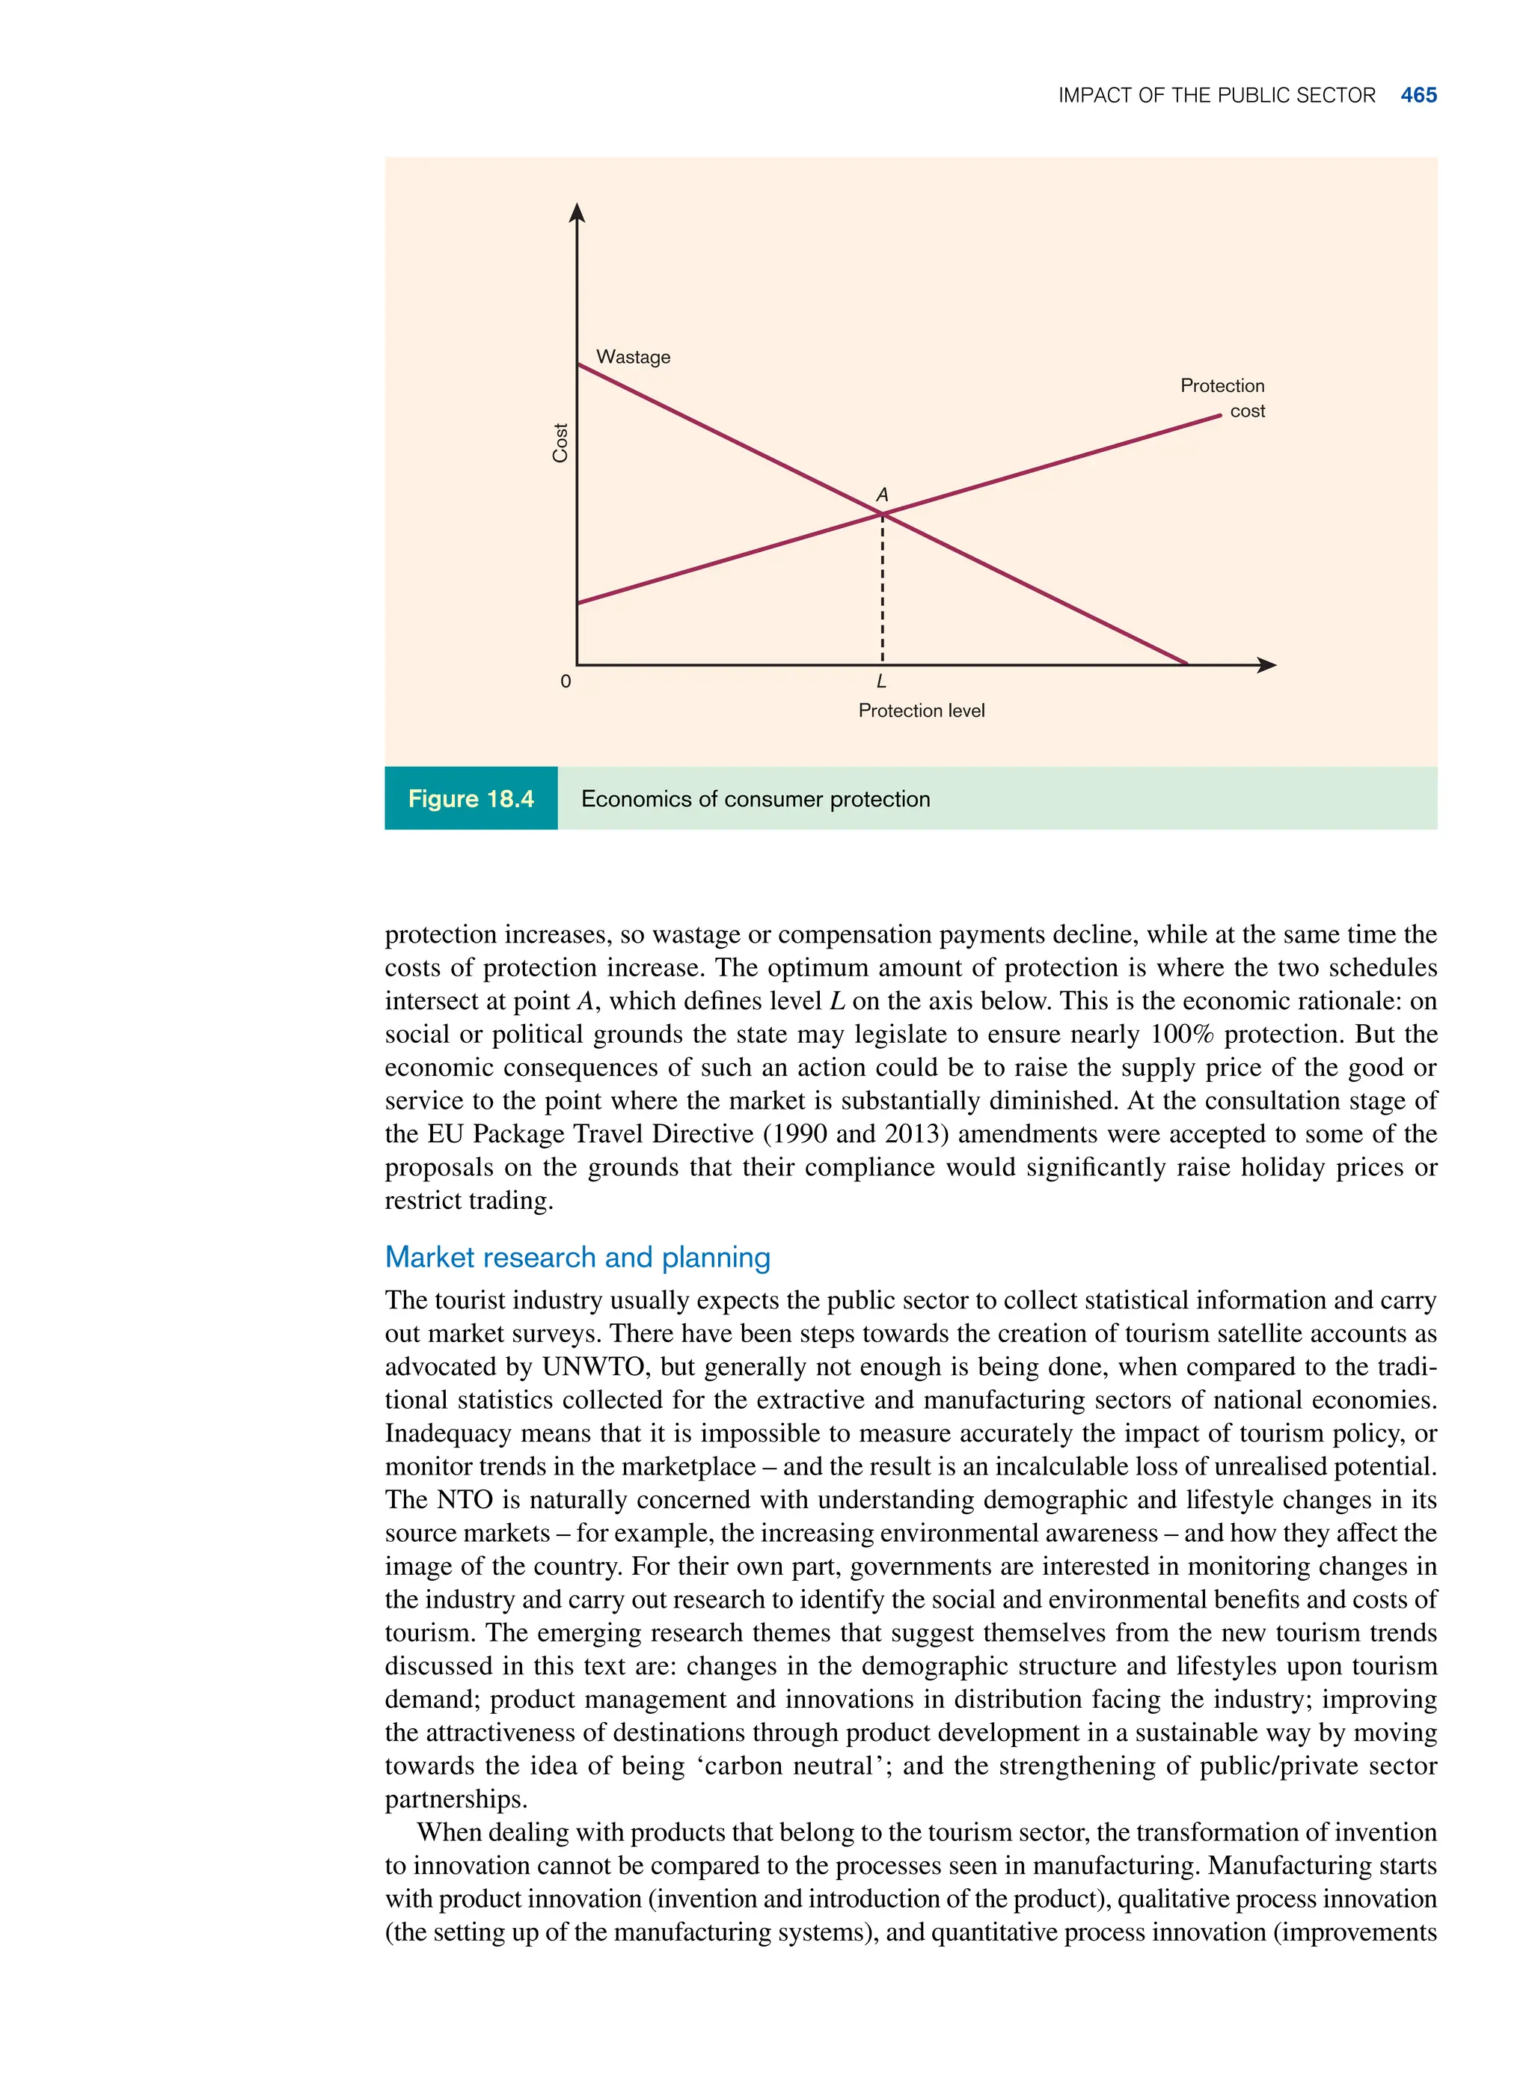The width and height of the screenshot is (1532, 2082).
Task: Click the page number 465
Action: click(1418, 96)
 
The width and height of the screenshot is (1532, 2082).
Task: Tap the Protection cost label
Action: click(1222, 398)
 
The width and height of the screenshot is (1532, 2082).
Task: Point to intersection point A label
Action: click(882, 495)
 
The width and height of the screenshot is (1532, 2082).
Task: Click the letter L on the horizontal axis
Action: click(881, 682)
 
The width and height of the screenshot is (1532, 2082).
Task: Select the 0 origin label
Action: click(566, 682)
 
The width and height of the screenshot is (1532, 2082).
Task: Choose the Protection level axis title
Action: click(921, 711)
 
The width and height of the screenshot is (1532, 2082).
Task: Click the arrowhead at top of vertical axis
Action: click(577, 212)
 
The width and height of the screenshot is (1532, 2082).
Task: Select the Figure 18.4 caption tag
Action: click(471, 798)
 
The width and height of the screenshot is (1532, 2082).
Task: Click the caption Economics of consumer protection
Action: click(755, 798)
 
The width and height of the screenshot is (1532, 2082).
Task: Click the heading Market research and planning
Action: click(577, 1257)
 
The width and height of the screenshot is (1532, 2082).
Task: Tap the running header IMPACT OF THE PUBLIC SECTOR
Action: click(1216, 96)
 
